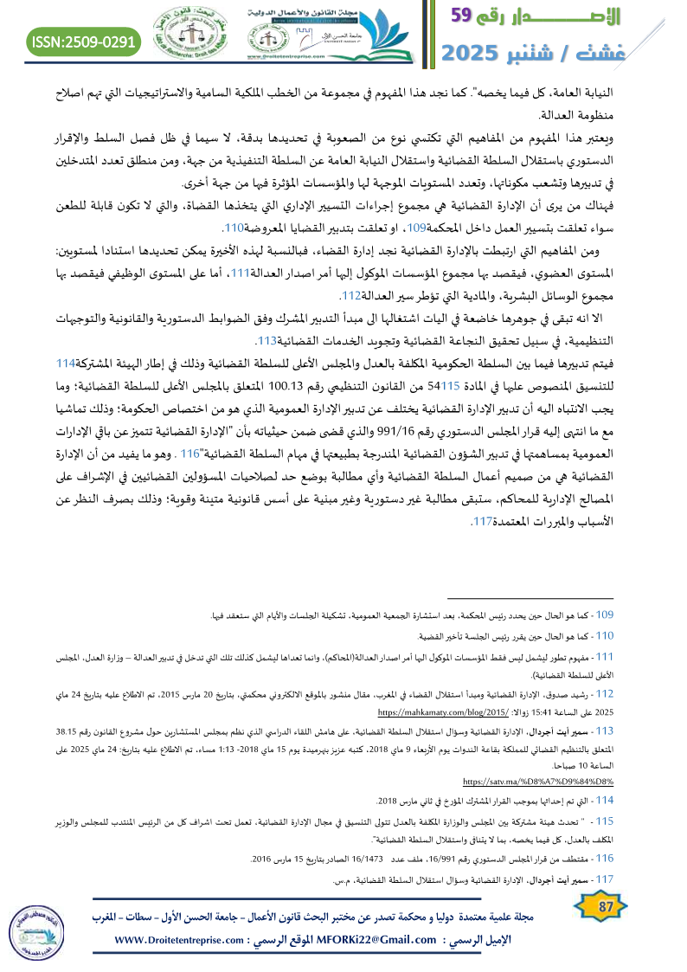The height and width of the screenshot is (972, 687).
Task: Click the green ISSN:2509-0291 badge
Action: [84, 41]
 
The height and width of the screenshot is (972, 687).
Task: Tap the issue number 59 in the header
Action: [468, 16]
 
